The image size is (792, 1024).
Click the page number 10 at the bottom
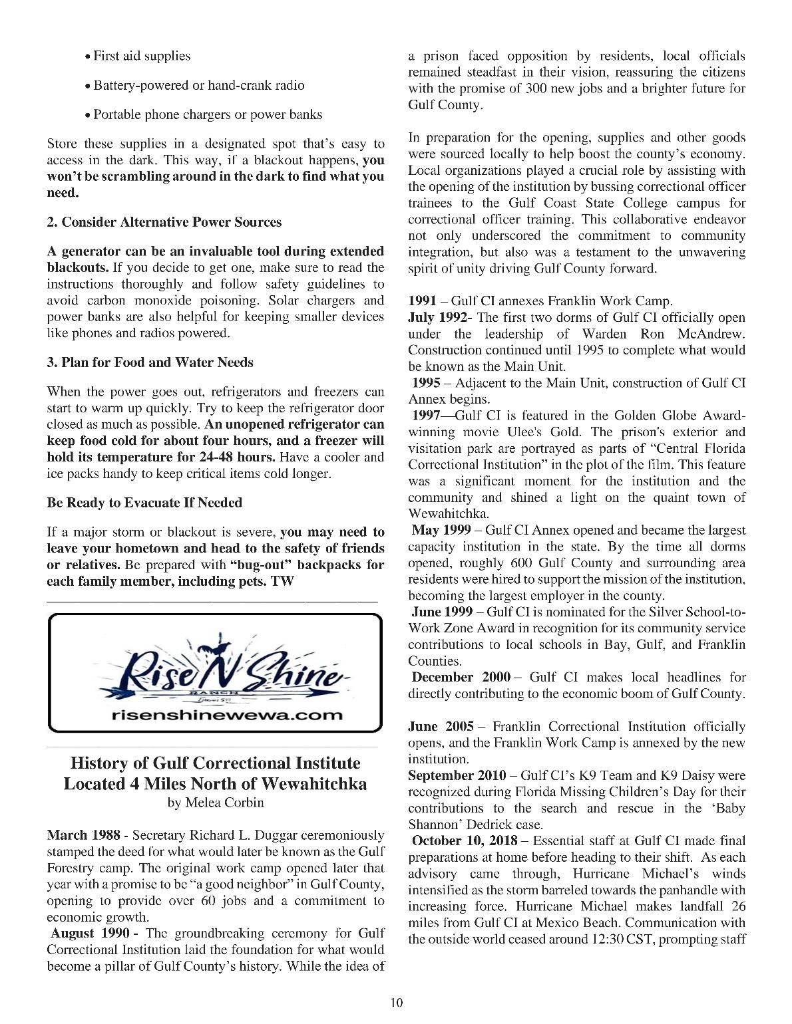[397, 1003]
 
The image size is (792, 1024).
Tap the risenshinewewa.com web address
[215, 715]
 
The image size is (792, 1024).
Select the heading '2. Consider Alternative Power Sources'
[164, 222]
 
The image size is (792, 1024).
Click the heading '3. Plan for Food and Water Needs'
[150, 362]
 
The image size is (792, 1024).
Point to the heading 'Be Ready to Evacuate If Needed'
[144, 503]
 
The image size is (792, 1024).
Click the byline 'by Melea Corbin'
[216, 803]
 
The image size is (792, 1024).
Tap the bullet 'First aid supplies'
[141, 56]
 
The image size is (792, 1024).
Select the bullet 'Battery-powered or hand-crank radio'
[198, 85]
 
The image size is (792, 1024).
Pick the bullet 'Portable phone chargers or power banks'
[207, 114]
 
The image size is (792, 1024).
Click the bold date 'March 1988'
[83, 835]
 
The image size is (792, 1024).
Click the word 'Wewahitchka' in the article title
[314, 783]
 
